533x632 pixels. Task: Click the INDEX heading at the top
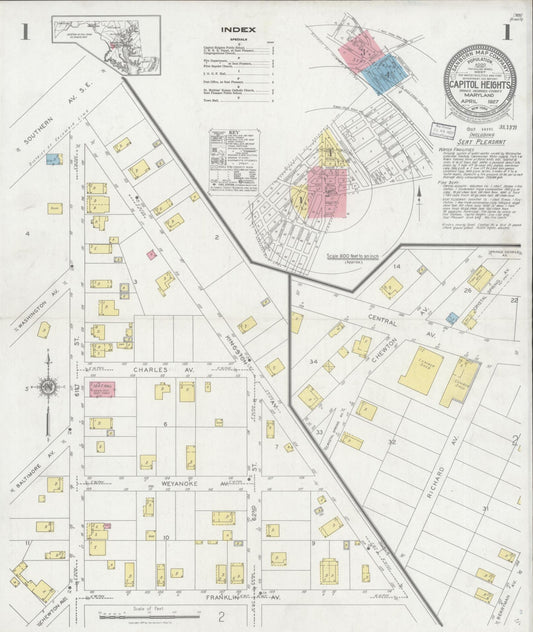tap(237, 30)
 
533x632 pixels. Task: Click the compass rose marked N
tap(47, 387)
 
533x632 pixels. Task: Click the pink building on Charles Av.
tap(102, 388)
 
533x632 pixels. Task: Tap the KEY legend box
tap(232, 160)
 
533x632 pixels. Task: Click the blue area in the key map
tap(384, 72)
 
